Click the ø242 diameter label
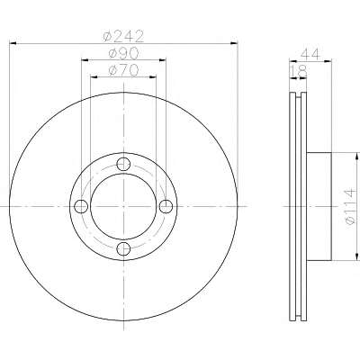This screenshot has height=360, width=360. click(123, 36)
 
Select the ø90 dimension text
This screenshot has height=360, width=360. click(123, 53)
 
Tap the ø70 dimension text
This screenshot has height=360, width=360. click(123, 70)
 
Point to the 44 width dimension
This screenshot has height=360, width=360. click(310, 54)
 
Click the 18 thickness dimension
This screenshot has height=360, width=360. click(299, 71)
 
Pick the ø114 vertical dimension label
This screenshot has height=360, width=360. click(350, 207)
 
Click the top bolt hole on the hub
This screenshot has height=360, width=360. click(123, 164)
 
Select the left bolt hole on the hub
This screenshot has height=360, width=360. click(81, 206)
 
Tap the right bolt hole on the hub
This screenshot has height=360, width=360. click(166, 206)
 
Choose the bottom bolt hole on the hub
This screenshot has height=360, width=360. click(123, 248)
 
